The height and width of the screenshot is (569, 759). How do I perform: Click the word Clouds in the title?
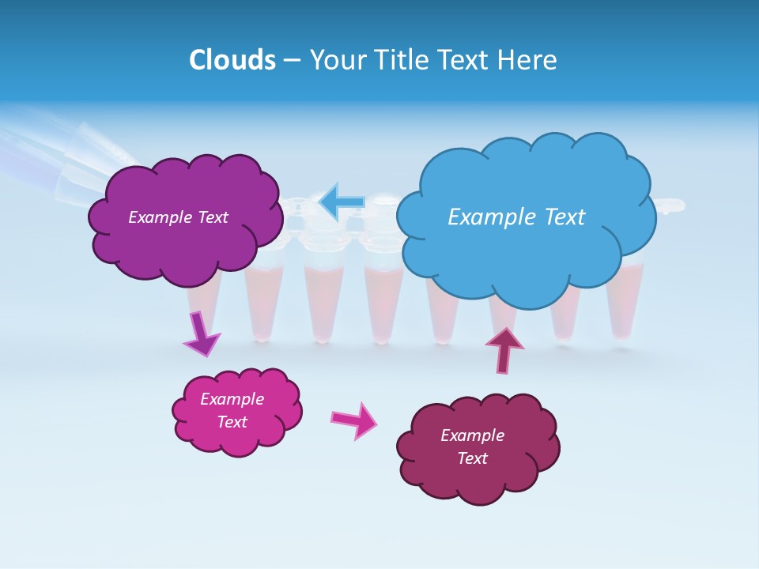coord(232,60)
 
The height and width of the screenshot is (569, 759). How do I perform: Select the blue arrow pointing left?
coord(342,202)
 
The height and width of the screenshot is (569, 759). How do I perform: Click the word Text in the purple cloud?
coord(212,217)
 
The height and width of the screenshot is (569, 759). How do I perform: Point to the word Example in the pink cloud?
coord(232,399)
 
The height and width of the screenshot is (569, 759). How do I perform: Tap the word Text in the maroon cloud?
coord(472,458)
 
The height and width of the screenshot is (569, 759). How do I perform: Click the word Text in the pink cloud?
coord(232,422)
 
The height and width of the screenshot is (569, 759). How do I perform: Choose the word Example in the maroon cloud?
coord(472,435)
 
